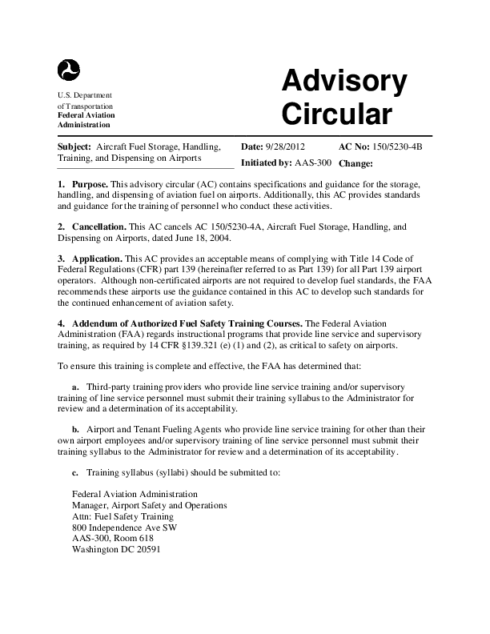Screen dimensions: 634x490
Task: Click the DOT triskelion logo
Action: click(x=69, y=70)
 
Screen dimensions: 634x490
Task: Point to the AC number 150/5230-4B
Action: click(x=392, y=147)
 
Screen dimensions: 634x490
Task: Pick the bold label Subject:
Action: click(x=74, y=147)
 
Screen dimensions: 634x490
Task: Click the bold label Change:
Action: click(x=356, y=163)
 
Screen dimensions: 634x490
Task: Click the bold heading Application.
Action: click(x=97, y=259)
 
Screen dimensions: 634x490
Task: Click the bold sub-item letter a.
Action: click(x=75, y=387)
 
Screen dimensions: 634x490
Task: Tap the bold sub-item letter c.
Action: click(x=75, y=472)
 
